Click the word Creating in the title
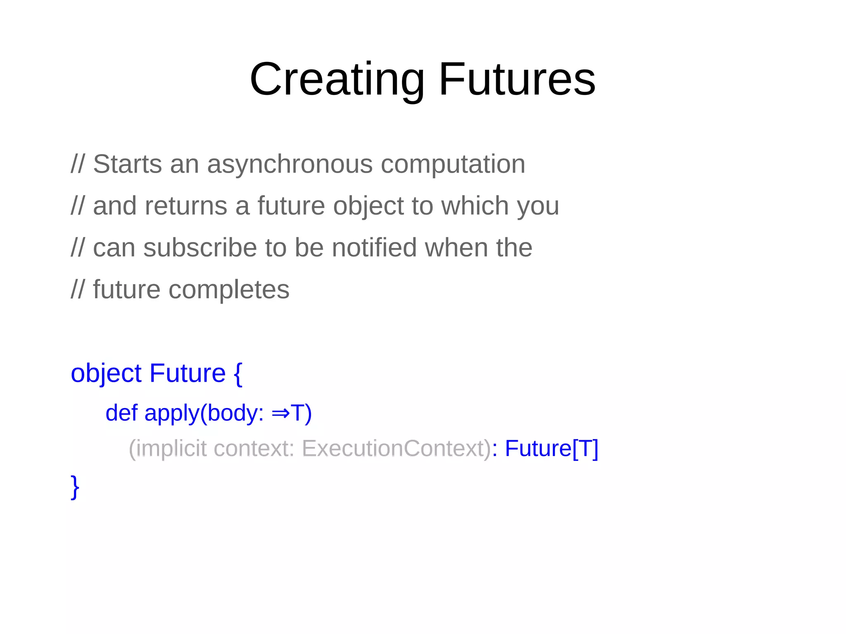pyautogui.click(x=337, y=79)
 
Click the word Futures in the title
pyautogui.click(x=517, y=79)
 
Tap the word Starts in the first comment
pyautogui.click(x=127, y=164)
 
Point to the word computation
pyautogui.click(x=453, y=165)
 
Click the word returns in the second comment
pyautogui.click(x=186, y=206)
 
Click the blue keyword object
pyautogui.click(x=106, y=374)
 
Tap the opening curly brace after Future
pyautogui.click(x=238, y=374)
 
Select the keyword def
pyautogui.click(x=121, y=413)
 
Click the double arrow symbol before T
pyautogui.click(x=280, y=413)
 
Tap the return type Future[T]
pyautogui.click(x=551, y=449)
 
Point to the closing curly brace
pyautogui.click(x=75, y=487)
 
